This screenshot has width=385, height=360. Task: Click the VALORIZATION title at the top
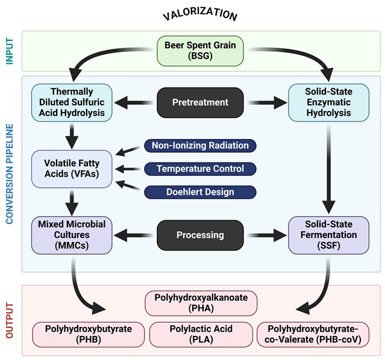[200, 14]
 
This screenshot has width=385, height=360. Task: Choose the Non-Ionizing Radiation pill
[200, 146]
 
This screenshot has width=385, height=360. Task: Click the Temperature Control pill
[200, 169]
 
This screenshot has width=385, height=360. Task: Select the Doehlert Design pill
[200, 192]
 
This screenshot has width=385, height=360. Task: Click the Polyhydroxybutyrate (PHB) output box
[88, 334]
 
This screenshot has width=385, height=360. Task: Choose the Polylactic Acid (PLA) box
[201, 334]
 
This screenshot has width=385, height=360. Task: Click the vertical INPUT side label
[10, 51]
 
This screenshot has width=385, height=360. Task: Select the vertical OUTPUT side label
[10, 320]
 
